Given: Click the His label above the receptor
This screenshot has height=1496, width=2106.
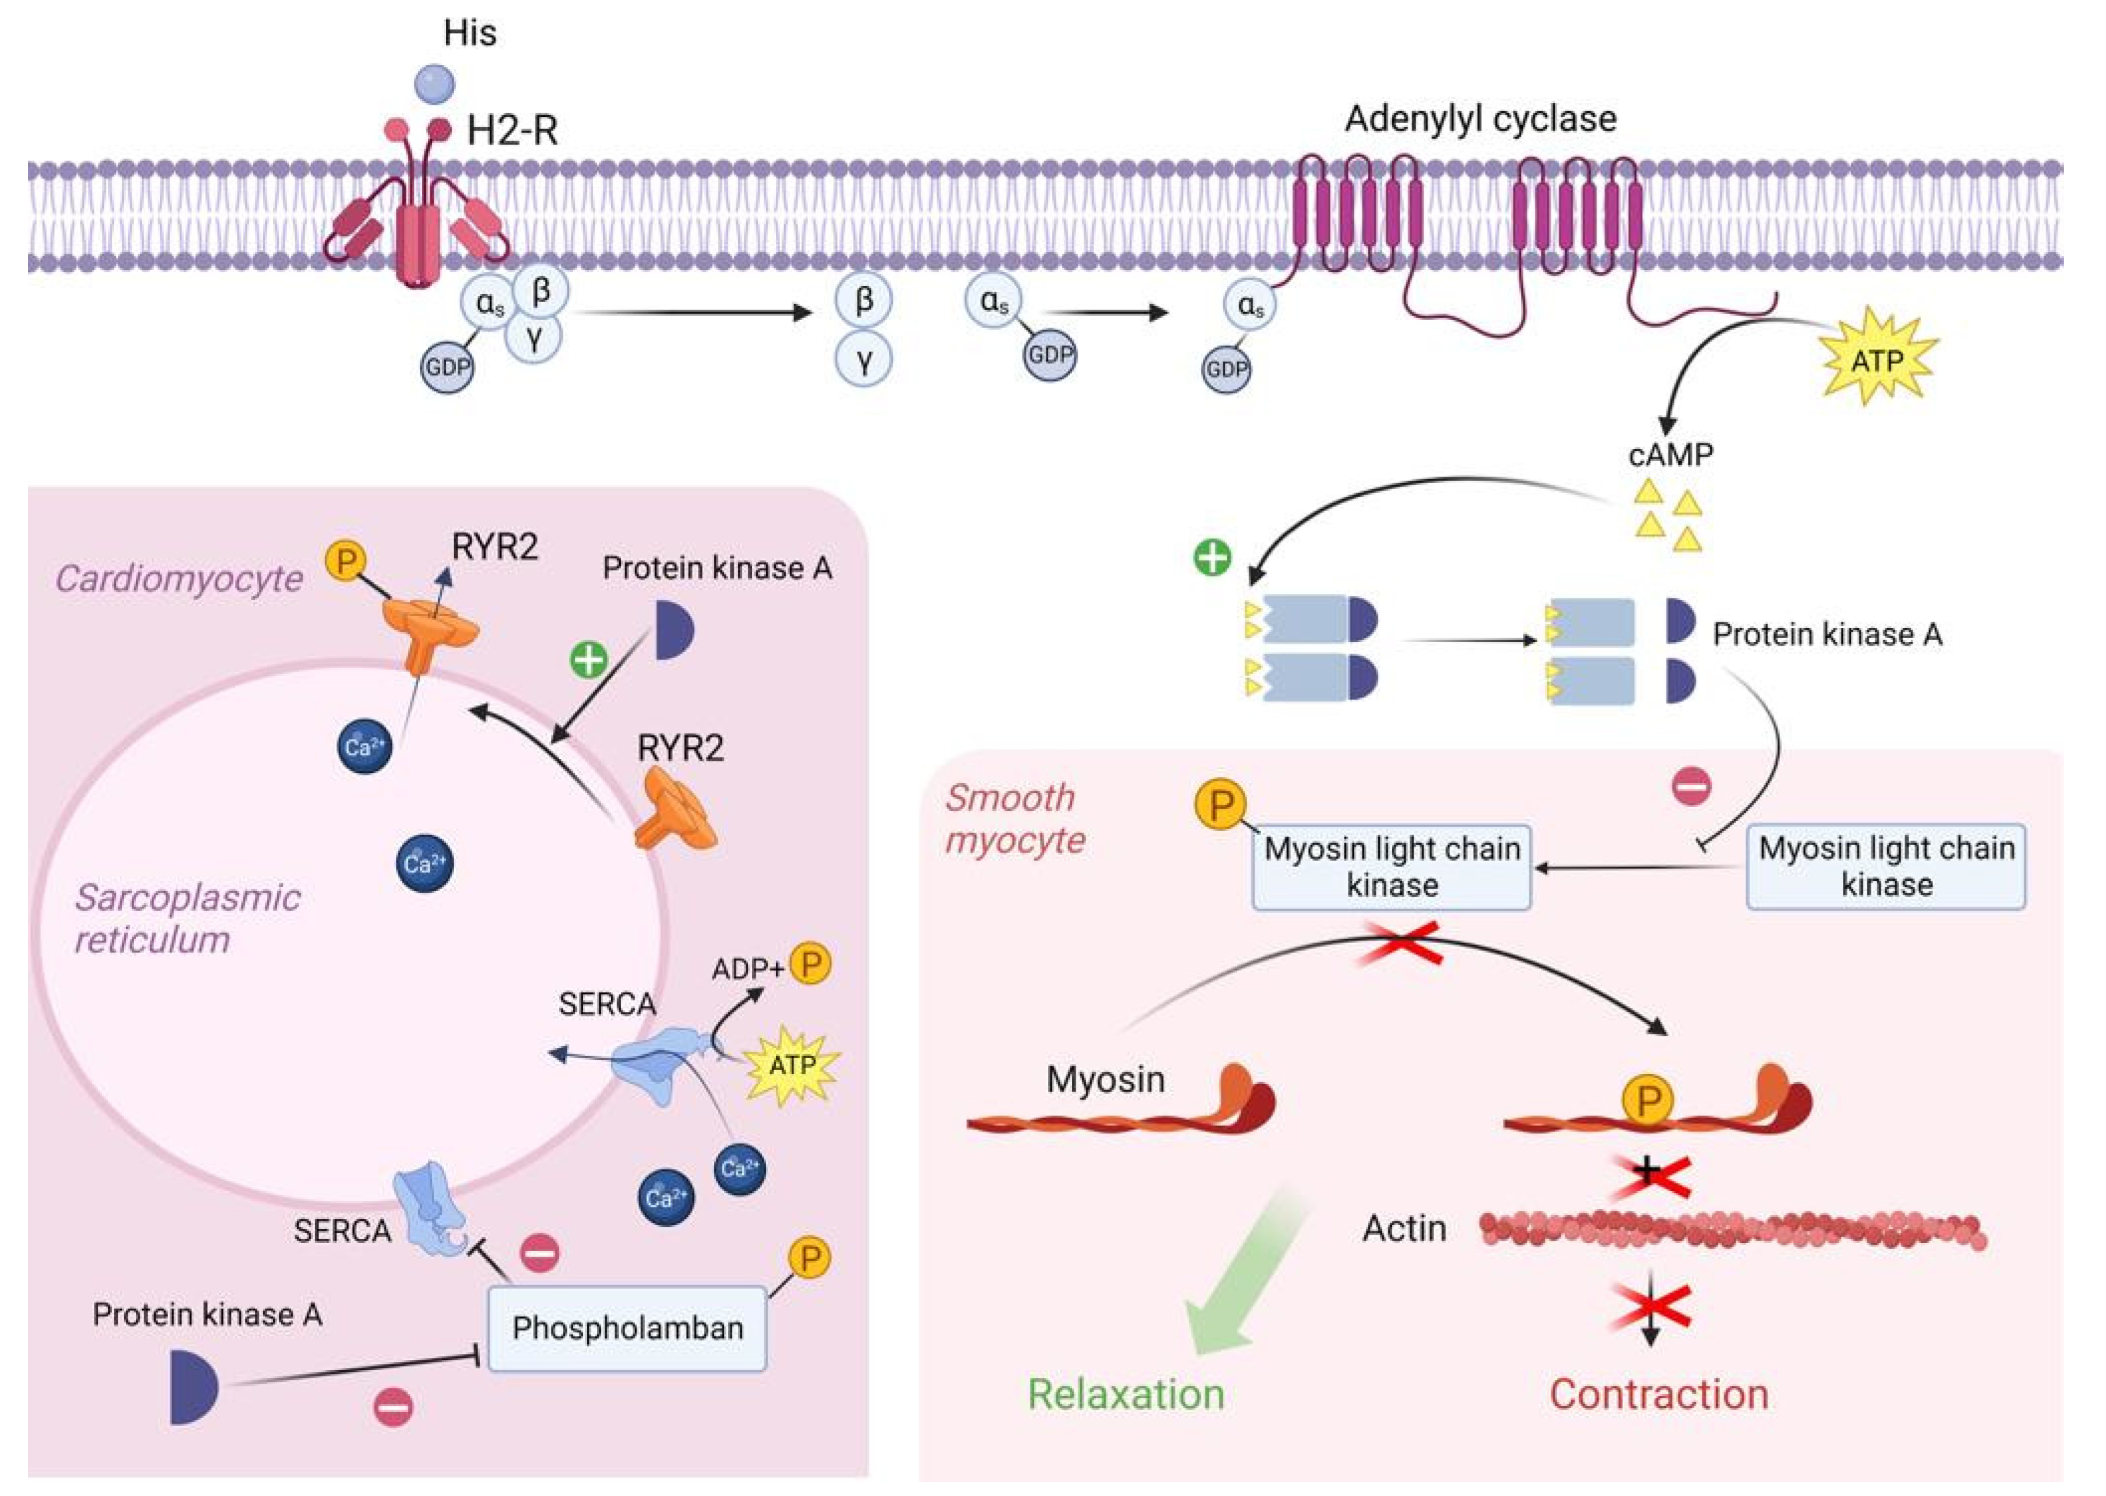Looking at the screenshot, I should [470, 33].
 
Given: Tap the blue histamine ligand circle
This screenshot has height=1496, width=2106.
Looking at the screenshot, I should [434, 84].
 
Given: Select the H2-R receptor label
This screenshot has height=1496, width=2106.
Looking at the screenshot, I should [513, 131].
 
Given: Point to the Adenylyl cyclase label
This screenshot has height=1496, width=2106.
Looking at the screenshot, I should [1480, 119].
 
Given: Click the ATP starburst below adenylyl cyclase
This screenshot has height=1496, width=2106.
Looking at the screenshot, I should [1876, 360].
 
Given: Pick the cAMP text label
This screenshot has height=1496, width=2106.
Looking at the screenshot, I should [1670, 454].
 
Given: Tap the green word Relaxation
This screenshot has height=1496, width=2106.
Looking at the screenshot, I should [1126, 1394].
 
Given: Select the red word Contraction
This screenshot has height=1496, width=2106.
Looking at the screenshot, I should [1658, 1394].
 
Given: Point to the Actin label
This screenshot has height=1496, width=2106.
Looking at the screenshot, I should [1404, 1228].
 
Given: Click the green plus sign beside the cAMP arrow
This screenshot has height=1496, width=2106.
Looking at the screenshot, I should [1212, 557].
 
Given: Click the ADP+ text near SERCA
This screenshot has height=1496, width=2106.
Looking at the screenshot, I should [748, 968].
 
